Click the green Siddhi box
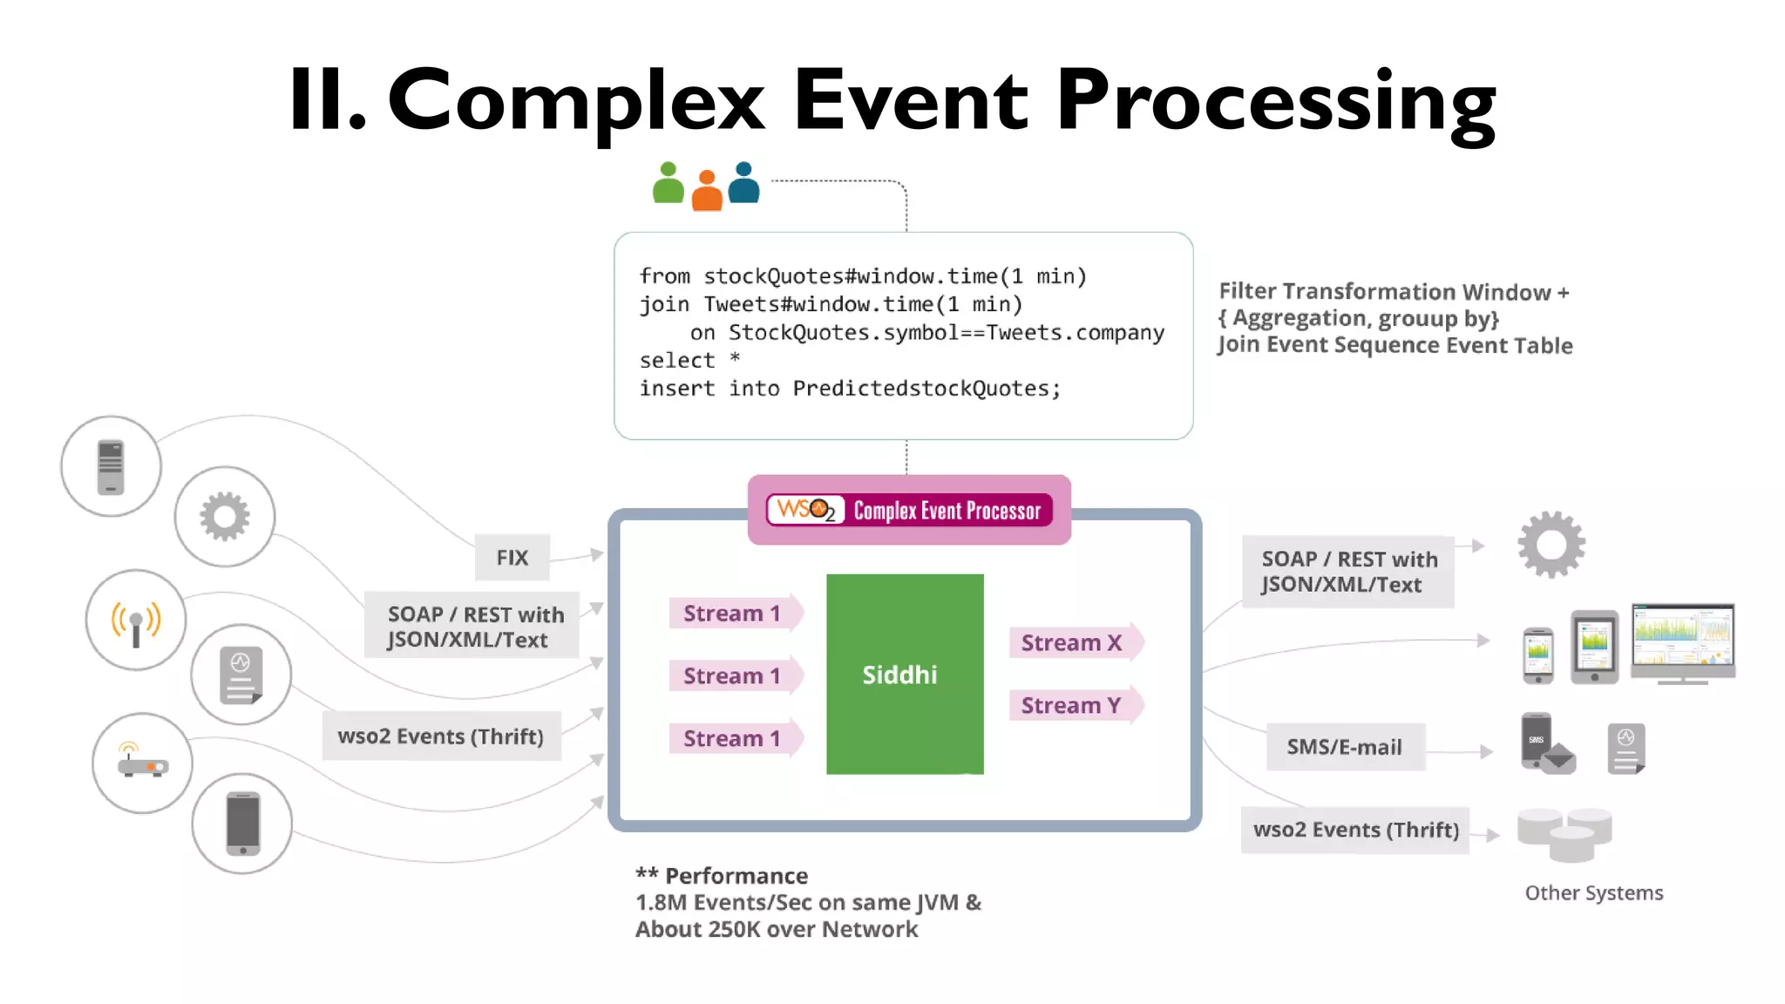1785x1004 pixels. [905, 674]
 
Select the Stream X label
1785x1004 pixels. [1071, 643]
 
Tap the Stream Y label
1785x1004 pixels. [1071, 705]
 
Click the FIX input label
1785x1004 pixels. [512, 558]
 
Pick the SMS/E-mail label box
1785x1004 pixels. [1344, 747]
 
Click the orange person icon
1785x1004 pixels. [707, 191]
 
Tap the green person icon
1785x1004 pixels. [669, 183]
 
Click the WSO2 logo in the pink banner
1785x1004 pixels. [806, 510]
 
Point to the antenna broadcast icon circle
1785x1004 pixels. [136, 621]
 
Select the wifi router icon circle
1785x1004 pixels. [142, 763]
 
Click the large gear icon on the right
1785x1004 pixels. [1551, 545]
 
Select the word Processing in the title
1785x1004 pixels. [1276, 102]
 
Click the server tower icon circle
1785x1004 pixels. [111, 466]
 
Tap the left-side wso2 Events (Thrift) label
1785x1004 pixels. [440, 736]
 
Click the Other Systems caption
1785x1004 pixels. [1593, 892]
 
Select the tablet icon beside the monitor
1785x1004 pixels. [1594, 647]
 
